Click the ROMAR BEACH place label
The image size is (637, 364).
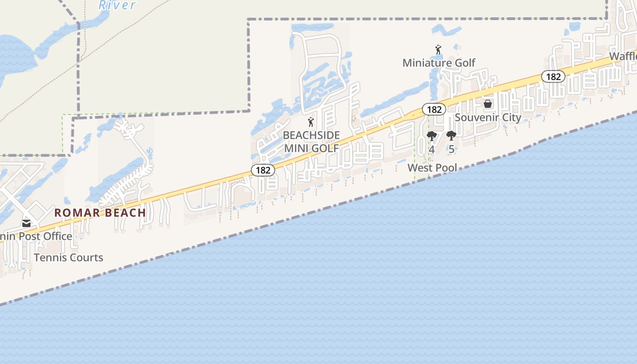coord(100,212)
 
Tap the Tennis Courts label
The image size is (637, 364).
coord(68,258)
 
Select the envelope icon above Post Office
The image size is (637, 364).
coord(26,223)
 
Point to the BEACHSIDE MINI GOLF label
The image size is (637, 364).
coord(311,142)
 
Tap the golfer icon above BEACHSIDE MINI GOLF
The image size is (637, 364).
coord(311,122)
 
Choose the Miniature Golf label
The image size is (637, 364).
coord(439,63)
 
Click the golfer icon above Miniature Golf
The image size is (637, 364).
coord(438,50)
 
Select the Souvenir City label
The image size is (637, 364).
coord(488,117)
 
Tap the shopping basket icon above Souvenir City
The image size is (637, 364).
coord(488,104)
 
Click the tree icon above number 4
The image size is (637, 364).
coord(432,136)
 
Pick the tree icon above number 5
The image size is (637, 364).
coord(451,136)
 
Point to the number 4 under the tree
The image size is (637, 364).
coord(432,149)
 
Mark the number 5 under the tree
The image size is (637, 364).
coord(451,149)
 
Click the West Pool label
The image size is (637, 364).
coord(432,167)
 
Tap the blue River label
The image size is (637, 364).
coord(117,5)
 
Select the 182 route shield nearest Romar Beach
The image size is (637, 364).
coord(263,170)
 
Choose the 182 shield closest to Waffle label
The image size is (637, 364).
coord(553,76)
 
